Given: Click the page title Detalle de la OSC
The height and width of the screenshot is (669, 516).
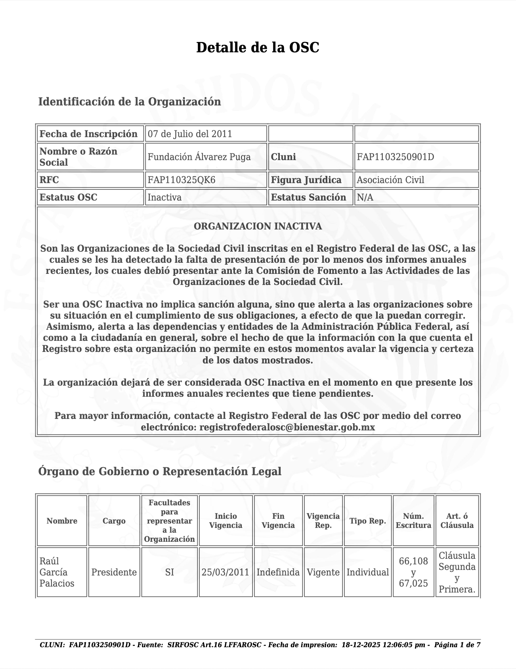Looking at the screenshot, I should [258, 48].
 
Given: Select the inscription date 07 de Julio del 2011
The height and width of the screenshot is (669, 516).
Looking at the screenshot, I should [190, 134].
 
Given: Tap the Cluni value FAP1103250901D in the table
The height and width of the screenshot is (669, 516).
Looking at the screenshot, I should [395, 157].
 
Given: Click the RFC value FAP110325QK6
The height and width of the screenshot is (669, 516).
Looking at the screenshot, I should [182, 180].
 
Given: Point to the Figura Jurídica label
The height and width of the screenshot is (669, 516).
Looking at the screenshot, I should [306, 180].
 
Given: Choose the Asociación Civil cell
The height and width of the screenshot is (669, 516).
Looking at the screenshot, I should [390, 180].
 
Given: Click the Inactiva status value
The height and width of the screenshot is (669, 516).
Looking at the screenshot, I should [164, 197].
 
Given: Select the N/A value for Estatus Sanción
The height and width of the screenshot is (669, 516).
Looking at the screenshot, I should [365, 197].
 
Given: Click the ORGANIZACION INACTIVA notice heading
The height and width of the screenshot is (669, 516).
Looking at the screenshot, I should [258, 226].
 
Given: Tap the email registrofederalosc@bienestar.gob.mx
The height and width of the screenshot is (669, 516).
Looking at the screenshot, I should [287, 427].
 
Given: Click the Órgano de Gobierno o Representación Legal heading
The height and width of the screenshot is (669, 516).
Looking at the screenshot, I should [160, 472].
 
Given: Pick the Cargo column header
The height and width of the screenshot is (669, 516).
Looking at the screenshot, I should [114, 521].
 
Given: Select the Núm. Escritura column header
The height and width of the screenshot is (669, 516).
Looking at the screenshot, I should [413, 521].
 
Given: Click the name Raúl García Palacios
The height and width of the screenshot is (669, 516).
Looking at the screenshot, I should [57, 572].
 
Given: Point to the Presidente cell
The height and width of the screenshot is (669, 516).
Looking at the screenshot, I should [114, 572].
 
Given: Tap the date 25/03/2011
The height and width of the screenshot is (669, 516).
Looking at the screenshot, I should [226, 572].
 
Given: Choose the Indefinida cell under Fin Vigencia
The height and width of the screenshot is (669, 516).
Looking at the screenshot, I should [278, 572].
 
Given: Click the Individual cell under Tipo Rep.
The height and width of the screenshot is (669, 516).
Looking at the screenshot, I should [368, 572].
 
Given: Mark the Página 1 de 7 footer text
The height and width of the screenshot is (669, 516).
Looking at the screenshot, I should [457, 645].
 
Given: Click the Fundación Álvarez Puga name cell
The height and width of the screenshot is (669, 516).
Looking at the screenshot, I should [199, 157].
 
